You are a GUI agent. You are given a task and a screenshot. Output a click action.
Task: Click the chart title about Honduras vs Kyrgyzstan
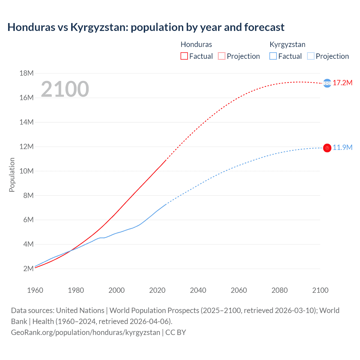[x=146, y=27]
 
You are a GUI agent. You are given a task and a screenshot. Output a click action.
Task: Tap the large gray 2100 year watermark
[x=65, y=89]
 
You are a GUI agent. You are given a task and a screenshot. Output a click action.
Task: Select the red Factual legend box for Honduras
[x=184, y=56]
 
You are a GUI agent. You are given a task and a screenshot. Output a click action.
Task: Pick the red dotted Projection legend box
[x=222, y=56]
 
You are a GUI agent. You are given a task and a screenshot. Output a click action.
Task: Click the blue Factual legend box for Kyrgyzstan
[x=273, y=56]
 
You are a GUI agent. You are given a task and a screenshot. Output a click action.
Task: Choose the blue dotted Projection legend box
[x=310, y=56]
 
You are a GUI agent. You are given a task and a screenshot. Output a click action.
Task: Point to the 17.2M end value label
[x=343, y=83]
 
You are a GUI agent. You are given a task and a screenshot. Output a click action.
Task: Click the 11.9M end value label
[x=343, y=147]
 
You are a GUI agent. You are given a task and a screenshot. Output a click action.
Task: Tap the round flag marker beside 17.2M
[x=327, y=83]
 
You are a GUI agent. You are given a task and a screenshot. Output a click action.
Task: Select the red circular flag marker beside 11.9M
[x=327, y=148]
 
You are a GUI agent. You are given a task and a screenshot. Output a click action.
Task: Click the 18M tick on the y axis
[x=26, y=73]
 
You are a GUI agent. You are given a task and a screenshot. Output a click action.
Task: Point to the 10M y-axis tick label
[x=26, y=171]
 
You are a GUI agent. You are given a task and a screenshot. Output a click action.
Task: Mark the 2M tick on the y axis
[x=28, y=269]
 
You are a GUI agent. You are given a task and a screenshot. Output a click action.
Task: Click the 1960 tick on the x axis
[x=35, y=290]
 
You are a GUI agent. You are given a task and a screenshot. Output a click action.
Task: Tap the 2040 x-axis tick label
[x=198, y=290]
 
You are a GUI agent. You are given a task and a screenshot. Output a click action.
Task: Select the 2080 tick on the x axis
[x=280, y=290]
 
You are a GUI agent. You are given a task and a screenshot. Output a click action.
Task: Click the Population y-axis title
[x=12, y=175]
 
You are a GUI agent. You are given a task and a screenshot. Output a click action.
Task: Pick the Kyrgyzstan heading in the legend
[x=287, y=44]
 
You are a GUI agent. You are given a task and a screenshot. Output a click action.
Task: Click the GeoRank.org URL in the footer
[x=85, y=332]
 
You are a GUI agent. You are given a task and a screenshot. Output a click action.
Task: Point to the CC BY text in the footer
[x=176, y=332]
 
